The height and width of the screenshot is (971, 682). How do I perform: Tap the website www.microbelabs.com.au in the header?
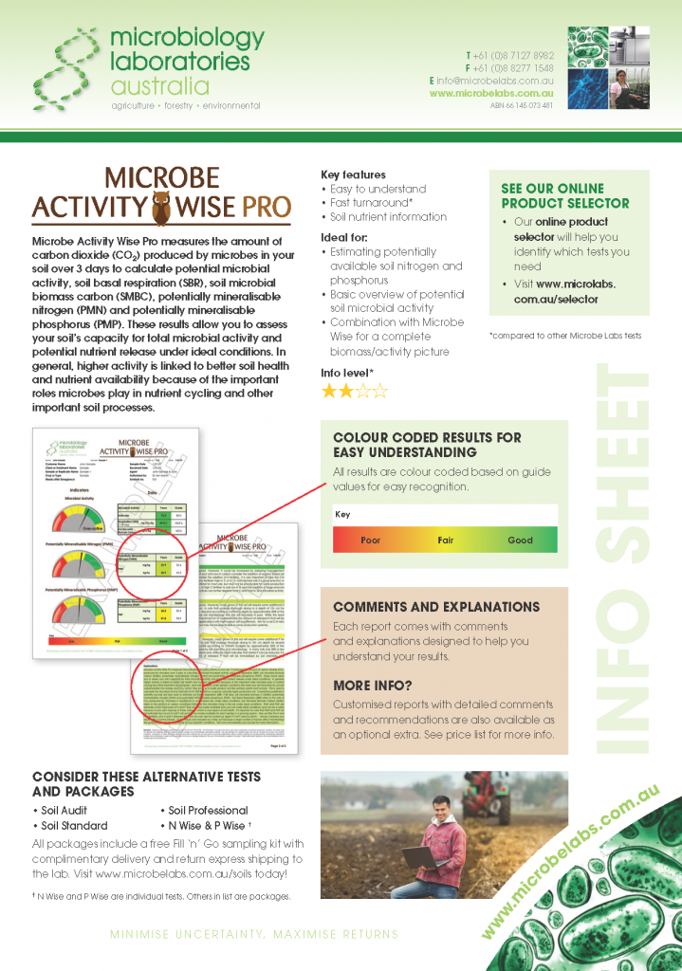pyautogui.click(x=490, y=93)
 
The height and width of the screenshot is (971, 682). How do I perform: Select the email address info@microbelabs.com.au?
pyautogui.click(x=496, y=81)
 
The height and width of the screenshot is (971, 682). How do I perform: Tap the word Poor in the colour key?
pyautogui.click(x=372, y=540)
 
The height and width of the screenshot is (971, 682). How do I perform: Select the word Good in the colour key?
pyautogui.click(x=520, y=540)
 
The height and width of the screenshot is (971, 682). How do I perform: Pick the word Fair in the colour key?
pyautogui.click(x=445, y=540)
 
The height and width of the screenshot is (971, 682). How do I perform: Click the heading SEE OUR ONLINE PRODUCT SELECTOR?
pyautogui.click(x=564, y=195)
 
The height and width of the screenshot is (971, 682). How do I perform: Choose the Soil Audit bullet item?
pyautogui.click(x=64, y=811)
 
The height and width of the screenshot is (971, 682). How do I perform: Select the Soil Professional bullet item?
pyautogui.click(x=208, y=811)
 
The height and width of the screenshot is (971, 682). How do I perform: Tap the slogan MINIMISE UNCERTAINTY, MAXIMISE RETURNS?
pyautogui.click(x=254, y=934)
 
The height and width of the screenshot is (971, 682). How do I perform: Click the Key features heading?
pyautogui.click(x=353, y=174)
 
